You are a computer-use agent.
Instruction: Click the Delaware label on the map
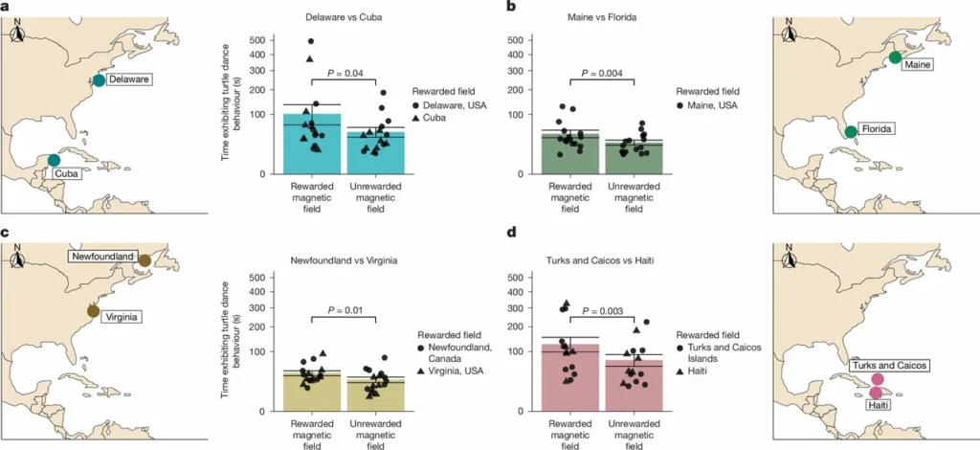127,79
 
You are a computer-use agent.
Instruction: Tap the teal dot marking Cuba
54,160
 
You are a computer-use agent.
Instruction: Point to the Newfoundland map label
100,256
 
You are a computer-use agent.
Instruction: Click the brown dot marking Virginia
93,310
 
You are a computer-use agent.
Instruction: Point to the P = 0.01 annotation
349,309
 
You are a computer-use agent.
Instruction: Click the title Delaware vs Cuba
348,17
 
